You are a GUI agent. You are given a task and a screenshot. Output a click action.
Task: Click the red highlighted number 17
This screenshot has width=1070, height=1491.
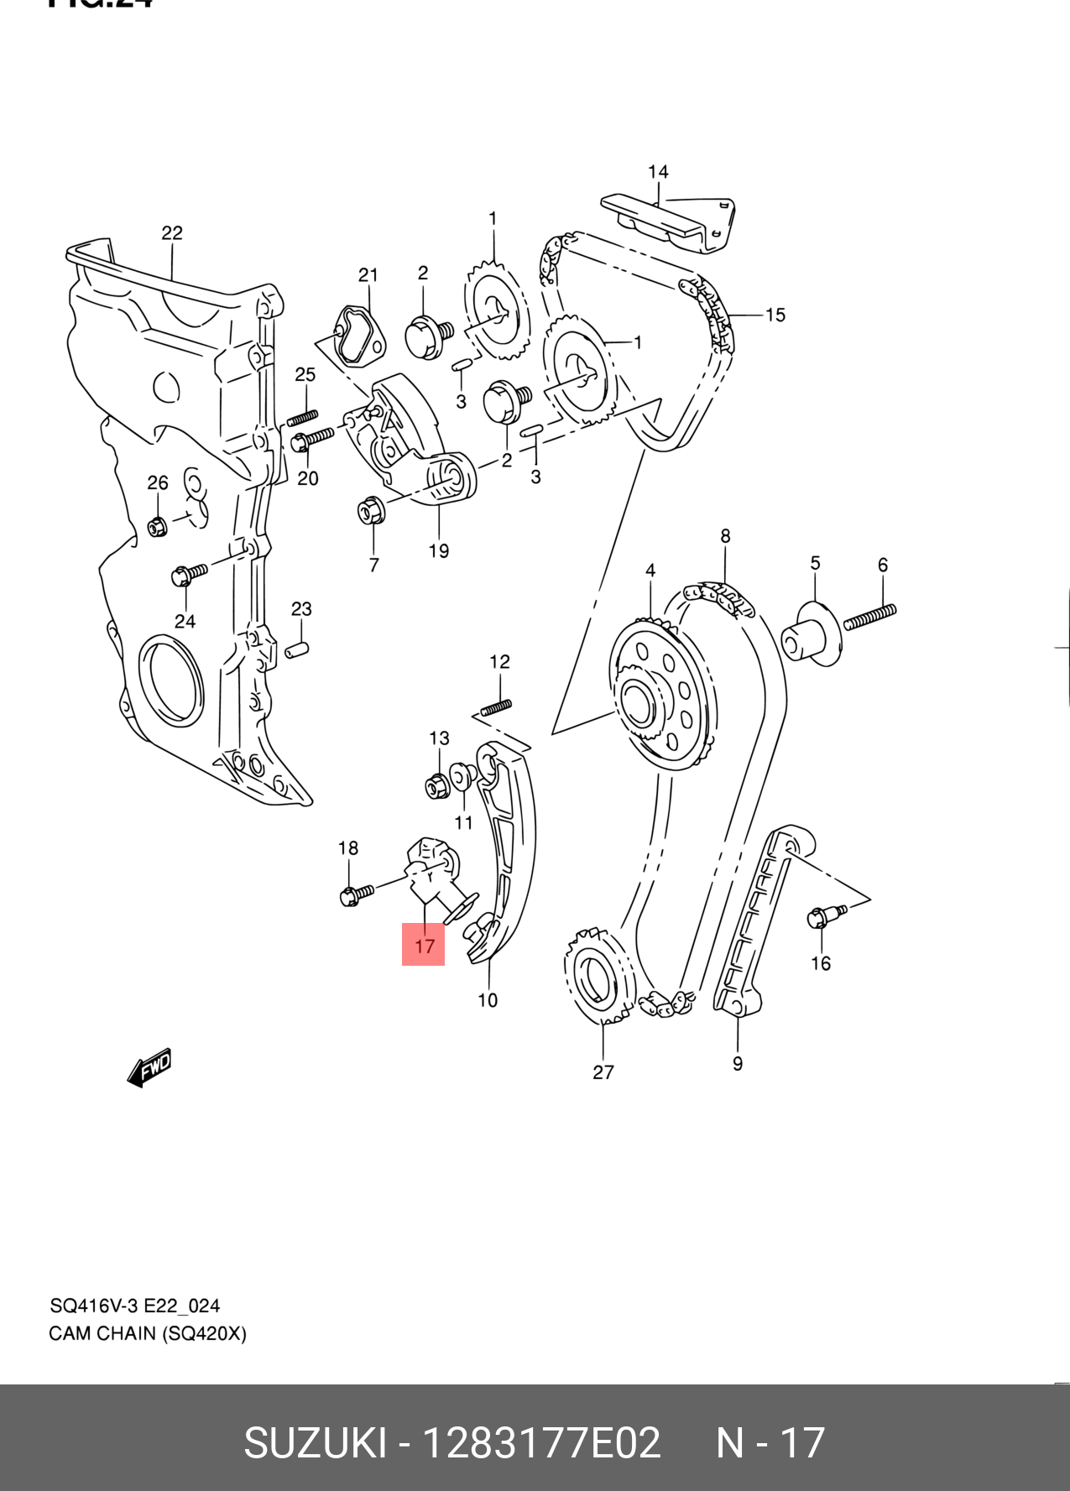(x=424, y=945)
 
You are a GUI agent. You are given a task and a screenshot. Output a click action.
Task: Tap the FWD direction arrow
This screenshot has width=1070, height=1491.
(x=149, y=1068)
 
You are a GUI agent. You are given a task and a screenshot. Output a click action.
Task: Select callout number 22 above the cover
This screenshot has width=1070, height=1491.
(x=172, y=233)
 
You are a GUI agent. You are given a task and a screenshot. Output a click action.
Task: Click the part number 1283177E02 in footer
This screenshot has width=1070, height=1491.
(x=541, y=1443)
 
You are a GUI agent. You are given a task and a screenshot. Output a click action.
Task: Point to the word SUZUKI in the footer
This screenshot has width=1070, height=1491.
(x=315, y=1443)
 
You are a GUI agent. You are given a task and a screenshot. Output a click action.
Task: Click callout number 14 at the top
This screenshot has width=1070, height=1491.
(x=658, y=172)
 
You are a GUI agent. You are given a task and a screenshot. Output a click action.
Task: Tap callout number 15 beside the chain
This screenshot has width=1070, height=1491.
(x=775, y=315)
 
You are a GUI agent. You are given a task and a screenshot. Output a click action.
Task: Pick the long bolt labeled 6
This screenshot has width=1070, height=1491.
(x=870, y=617)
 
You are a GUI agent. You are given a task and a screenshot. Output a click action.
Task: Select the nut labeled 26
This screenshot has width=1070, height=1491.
(x=156, y=527)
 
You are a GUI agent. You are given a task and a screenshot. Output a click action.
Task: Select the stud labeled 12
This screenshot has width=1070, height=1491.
(x=496, y=706)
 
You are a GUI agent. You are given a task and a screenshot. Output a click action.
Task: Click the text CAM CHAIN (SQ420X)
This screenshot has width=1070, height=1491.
(x=148, y=1333)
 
